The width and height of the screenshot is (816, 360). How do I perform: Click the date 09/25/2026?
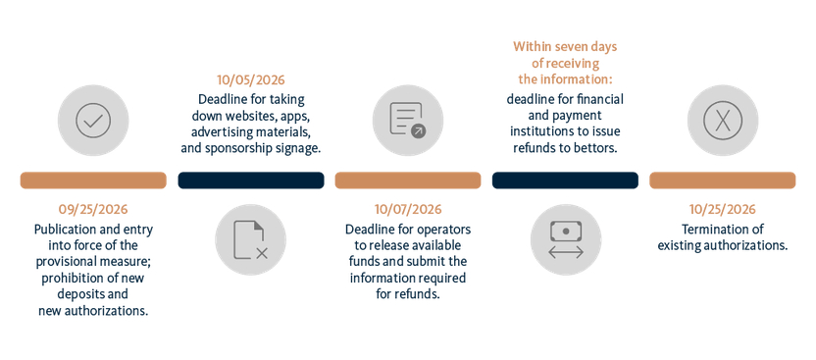93,210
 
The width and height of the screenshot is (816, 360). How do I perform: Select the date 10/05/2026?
251,80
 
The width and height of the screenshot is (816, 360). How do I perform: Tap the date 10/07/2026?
408,210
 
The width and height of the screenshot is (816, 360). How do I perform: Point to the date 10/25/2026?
722,210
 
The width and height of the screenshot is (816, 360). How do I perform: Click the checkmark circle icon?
93,121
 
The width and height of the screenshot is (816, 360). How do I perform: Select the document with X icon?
251,239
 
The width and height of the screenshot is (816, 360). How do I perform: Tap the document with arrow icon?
408,121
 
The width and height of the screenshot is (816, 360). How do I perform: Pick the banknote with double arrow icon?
566,239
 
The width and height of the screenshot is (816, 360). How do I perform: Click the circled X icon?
722,121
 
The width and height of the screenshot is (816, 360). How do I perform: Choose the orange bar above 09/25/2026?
93,180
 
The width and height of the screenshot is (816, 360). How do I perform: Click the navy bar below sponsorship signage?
251,180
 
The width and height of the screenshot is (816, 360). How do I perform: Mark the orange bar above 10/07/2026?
408,180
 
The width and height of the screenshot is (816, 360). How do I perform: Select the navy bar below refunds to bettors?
565,180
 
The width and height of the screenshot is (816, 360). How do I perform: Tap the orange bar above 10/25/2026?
722,180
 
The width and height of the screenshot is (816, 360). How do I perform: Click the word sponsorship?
234,148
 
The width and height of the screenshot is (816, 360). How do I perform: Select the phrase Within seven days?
565,46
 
